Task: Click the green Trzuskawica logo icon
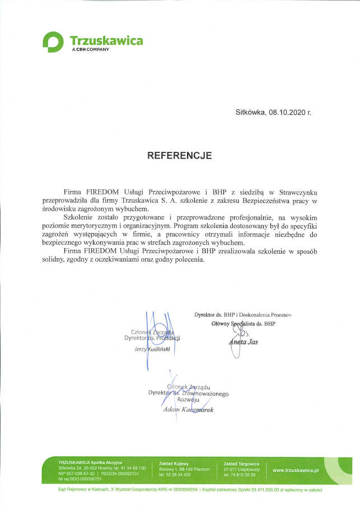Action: click(54, 42)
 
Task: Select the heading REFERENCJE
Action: click(180, 155)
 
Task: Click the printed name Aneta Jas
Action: click(243, 342)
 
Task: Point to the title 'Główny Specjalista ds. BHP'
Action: click(244, 324)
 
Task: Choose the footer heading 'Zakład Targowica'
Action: click(241, 463)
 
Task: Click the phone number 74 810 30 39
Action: click(243, 475)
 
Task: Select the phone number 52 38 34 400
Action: click(179, 475)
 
